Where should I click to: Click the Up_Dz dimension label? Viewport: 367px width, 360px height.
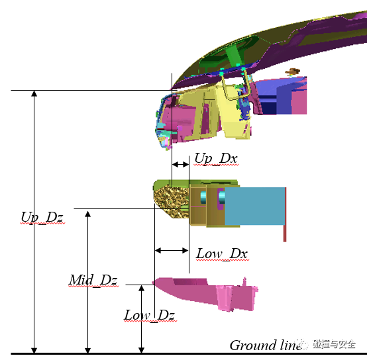pyautogui.click(x=42, y=218)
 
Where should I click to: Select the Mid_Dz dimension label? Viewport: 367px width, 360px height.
pyautogui.click(x=93, y=280)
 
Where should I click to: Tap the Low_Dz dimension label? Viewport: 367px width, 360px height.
pyautogui.click(x=150, y=315)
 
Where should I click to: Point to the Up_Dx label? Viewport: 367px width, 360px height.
pyautogui.click(x=216, y=159)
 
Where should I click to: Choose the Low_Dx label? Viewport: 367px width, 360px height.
pyautogui.click(x=222, y=253)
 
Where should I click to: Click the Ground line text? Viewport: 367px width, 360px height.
pyautogui.click(x=266, y=345)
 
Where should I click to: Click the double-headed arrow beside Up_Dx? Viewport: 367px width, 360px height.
pyautogui.click(x=180, y=165)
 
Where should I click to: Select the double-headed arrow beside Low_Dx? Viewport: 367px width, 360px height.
pyautogui.click(x=172, y=251)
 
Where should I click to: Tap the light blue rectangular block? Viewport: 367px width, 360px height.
pyautogui.click(x=255, y=206)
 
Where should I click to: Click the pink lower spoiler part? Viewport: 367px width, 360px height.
pyautogui.click(x=205, y=293)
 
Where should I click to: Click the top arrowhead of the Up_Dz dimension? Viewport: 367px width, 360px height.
pyautogui.click(x=34, y=93)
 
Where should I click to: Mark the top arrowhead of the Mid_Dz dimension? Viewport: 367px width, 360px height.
pyautogui.click(x=87, y=214)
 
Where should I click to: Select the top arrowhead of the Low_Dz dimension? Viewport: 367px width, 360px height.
pyautogui.click(x=141, y=288)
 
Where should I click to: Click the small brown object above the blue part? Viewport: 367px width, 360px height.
pyautogui.click(x=292, y=71)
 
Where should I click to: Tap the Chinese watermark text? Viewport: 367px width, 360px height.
pyautogui.click(x=335, y=344)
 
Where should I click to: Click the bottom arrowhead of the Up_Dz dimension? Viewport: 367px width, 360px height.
pyautogui.click(x=34, y=350)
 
